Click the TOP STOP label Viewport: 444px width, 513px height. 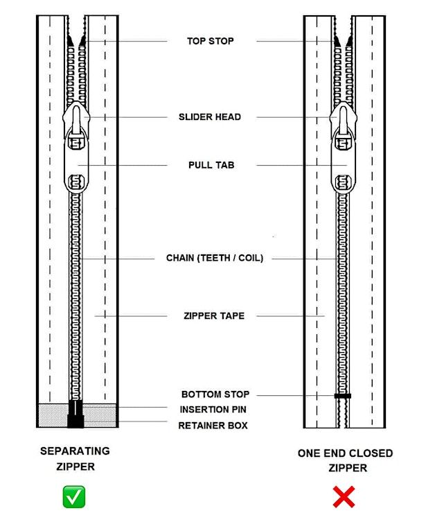211,41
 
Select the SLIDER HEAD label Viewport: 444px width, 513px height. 210,117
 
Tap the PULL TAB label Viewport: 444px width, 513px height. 211,166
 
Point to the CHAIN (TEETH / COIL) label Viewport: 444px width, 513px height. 215,258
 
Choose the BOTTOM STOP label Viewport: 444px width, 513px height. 215,394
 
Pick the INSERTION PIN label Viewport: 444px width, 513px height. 213,410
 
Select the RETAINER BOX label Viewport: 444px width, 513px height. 213,425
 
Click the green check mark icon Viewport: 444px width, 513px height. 74,496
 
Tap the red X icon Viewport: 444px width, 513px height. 344,496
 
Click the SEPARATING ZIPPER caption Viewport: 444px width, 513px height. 75,458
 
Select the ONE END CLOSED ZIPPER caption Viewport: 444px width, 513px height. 345,460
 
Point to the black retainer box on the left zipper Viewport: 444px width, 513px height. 76,419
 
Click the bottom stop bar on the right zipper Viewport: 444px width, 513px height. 342,396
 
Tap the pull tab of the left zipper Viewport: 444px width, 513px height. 76,164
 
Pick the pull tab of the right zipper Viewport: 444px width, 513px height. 341,164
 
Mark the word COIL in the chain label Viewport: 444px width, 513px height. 249,258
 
